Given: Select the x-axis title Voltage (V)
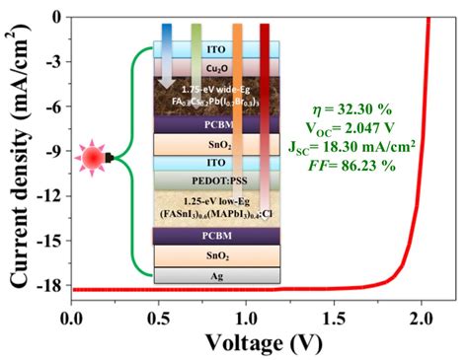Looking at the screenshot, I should tap(261, 342).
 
